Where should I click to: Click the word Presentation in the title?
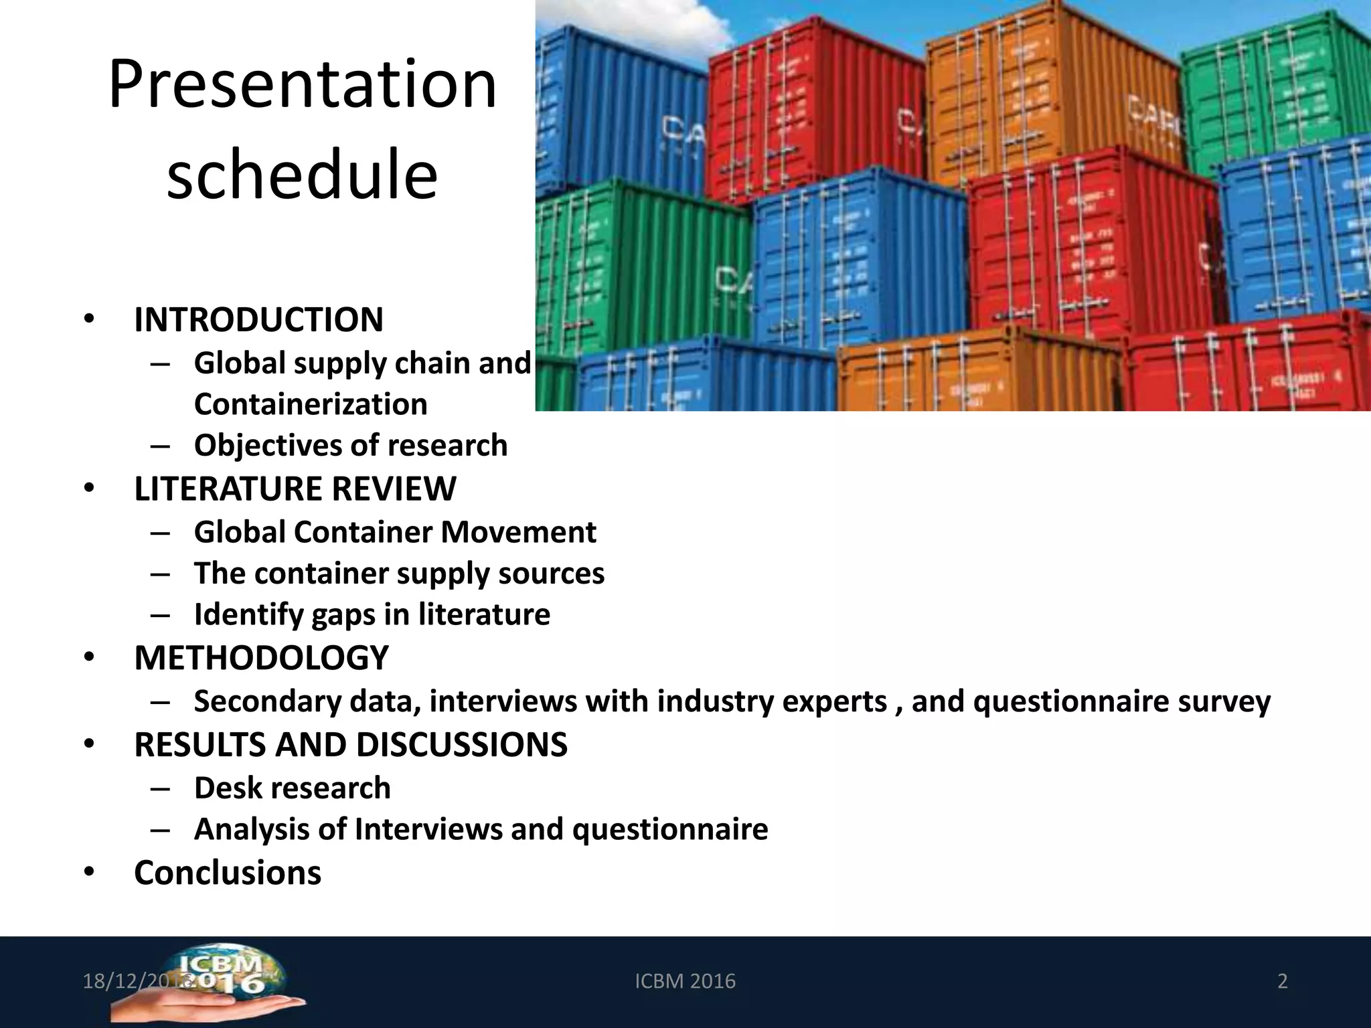coord(303,85)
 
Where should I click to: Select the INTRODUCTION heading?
coord(258,319)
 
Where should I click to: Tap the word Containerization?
coord(311,404)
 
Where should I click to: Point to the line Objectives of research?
coord(351,446)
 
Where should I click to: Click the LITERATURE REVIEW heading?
coord(295,489)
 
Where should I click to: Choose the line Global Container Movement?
coord(395,533)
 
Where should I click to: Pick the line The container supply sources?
coord(399,574)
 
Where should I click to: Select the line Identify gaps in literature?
coord(372,614)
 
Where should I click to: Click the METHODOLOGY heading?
coord(261,658)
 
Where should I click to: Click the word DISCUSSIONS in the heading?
coord(461,745)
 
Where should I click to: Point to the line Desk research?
coord(292,788)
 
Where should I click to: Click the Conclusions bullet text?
coord(228,873)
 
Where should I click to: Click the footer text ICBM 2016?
coord(685,981)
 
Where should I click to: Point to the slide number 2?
coord(1283,981)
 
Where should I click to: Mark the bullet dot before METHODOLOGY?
coord(89,658)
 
